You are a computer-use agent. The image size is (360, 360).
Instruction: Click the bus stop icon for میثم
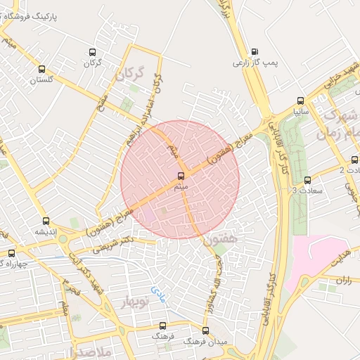pos(181,175)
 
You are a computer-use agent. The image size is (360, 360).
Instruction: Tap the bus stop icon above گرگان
pos(92,52)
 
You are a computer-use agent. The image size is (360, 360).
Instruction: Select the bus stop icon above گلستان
pos(41,69)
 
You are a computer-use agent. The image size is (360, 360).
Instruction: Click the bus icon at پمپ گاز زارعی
pos(254,51)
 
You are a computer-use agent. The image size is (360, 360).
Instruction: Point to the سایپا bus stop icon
pos(300,100)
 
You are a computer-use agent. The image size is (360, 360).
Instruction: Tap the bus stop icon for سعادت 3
pos(307,180)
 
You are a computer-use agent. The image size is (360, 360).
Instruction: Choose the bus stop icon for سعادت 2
pos(354,160)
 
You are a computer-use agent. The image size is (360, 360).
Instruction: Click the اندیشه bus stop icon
pos(46,221)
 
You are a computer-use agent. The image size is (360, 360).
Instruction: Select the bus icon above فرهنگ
pos(163,326)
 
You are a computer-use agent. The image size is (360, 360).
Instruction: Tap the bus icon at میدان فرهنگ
pos(205,330)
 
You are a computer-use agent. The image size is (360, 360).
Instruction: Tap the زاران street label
pos(344,280)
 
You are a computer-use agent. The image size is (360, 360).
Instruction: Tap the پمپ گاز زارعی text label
pos(256,63)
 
